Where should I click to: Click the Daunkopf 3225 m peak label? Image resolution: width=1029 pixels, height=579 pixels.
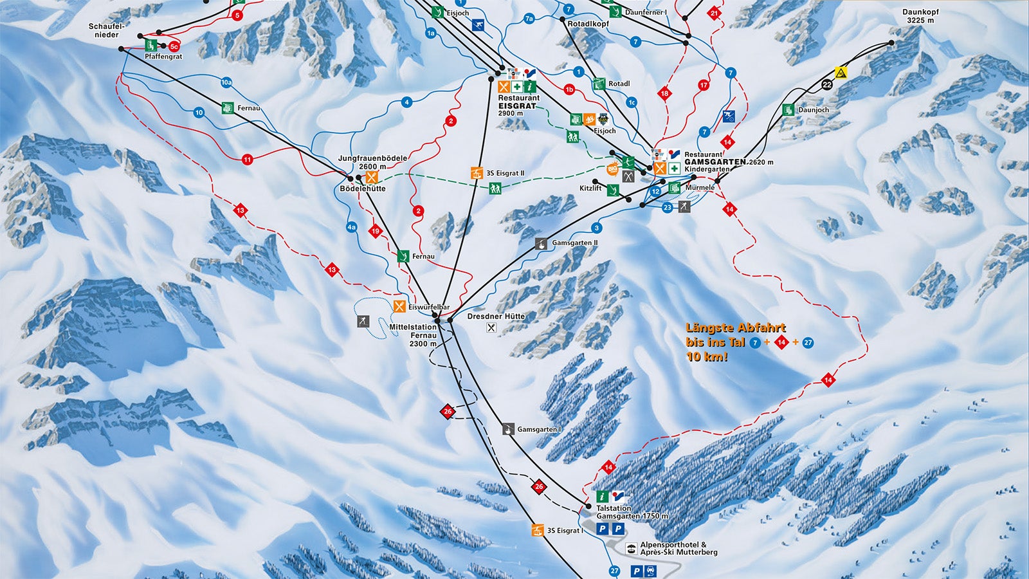coord(920,16)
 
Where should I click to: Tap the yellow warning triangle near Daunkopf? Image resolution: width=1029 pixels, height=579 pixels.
coord(840,72)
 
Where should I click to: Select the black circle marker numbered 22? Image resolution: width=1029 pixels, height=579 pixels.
coord(827,84)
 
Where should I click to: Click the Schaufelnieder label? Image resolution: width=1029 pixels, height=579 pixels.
coord(107,30)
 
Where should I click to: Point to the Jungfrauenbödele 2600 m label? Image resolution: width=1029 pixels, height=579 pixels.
coord(372,162)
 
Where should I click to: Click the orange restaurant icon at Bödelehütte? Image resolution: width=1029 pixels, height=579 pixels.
coord(371,177)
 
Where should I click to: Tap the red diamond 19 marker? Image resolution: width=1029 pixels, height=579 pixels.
coord(376,231)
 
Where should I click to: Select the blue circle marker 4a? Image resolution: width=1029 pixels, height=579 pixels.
coord(351,227)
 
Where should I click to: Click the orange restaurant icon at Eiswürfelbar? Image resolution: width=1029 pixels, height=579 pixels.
coord(399,307)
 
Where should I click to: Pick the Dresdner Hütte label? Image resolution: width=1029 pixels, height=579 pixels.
coord(496,317)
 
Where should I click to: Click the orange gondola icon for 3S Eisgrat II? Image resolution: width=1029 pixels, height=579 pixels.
coord(477,173)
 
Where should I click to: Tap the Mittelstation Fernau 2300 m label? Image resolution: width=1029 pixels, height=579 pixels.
coord(413,335)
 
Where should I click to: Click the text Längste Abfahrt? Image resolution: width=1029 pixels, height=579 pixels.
coord(736,328)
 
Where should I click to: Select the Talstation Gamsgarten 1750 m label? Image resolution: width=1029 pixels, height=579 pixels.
coord(632,512)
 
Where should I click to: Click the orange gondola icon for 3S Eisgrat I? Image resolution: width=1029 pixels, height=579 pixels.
coord(537,531)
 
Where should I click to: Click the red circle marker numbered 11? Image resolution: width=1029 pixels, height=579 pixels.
coord(248,160)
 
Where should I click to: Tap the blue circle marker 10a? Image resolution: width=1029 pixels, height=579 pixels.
coord(226,82)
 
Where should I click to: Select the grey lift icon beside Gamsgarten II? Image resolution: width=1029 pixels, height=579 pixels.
coord(542,244)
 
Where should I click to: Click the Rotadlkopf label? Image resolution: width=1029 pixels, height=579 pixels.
coord(588,24)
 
